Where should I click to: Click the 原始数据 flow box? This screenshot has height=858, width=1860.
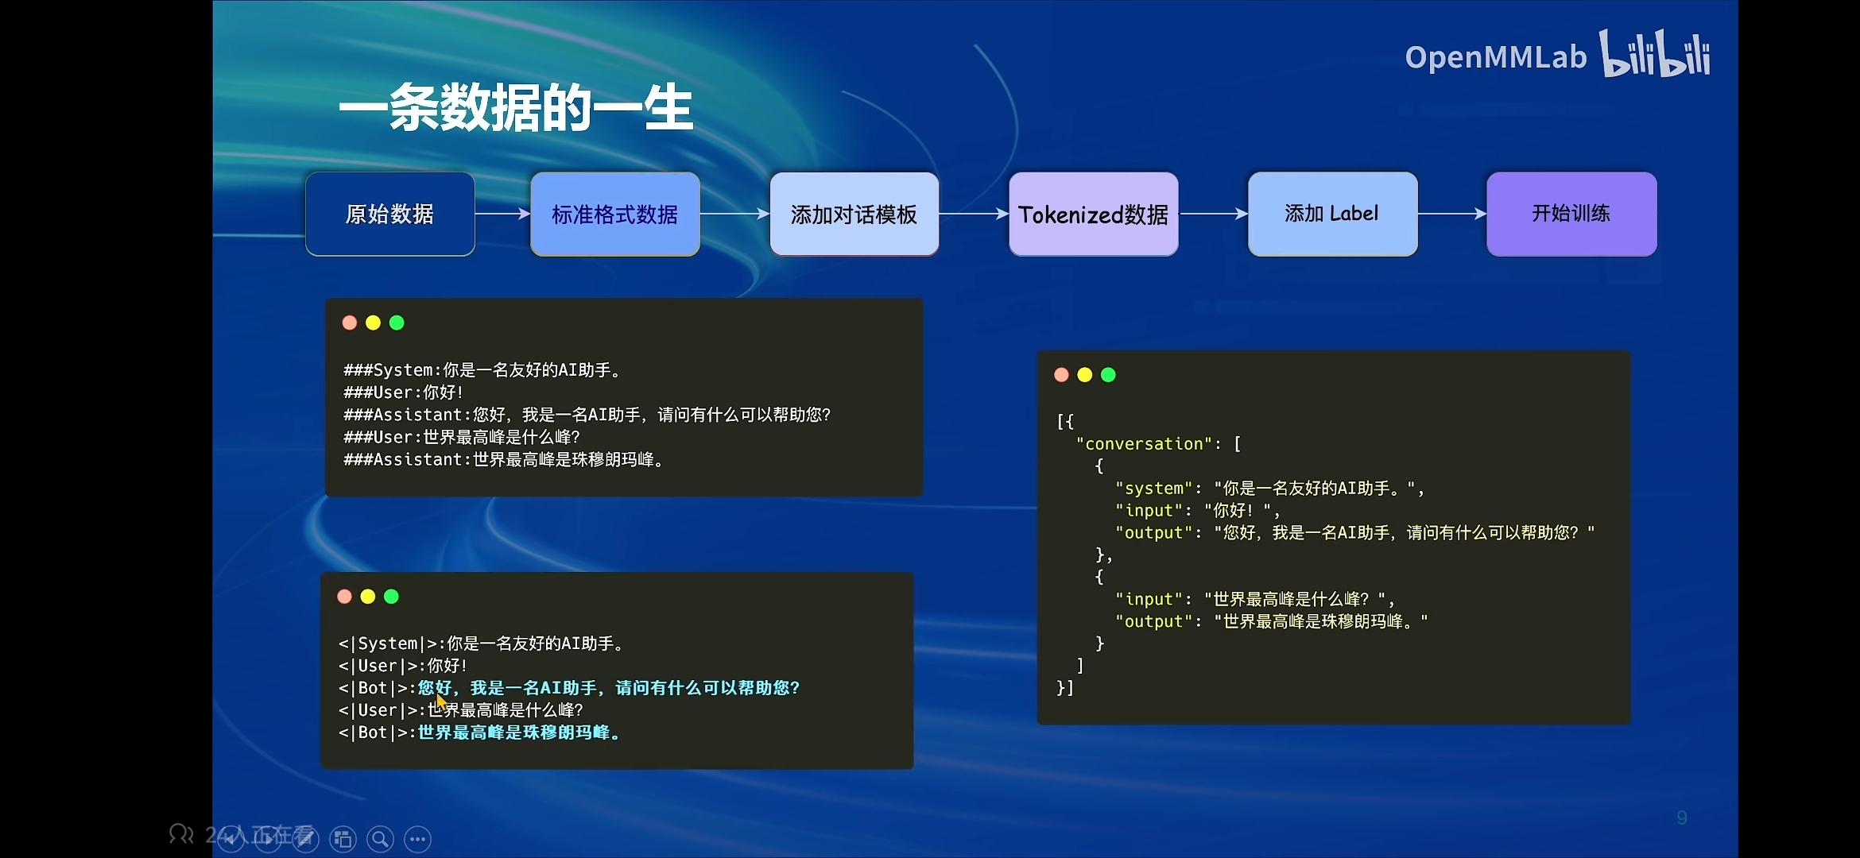(390, 214)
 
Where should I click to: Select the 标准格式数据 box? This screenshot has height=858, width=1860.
(615, 214)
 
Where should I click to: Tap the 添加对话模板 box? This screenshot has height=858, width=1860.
(854, 214)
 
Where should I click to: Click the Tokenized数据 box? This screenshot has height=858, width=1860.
(1094, 214)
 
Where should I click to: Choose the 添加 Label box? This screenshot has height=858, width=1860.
(1333, 214)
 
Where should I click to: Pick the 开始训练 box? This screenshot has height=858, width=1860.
(1571, 214)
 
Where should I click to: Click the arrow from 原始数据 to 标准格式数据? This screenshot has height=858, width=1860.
(502, 214)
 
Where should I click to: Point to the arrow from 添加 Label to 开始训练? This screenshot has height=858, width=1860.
(1452, 214)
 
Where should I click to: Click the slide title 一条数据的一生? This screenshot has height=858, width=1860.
(516, 107)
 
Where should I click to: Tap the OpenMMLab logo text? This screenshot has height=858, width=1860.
(1495, 57)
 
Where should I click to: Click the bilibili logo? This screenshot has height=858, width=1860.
(1656, 54)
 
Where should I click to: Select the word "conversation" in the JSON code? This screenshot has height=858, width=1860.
(1144, 444)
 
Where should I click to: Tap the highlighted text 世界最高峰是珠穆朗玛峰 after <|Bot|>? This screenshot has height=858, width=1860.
(518, 732)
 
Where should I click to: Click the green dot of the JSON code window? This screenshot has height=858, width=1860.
(1108, 375)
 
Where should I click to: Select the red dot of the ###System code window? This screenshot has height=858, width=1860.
(350, 323)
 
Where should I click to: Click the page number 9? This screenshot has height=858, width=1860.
(1682, 818)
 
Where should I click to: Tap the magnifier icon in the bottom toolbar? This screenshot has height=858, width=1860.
(380, 839)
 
